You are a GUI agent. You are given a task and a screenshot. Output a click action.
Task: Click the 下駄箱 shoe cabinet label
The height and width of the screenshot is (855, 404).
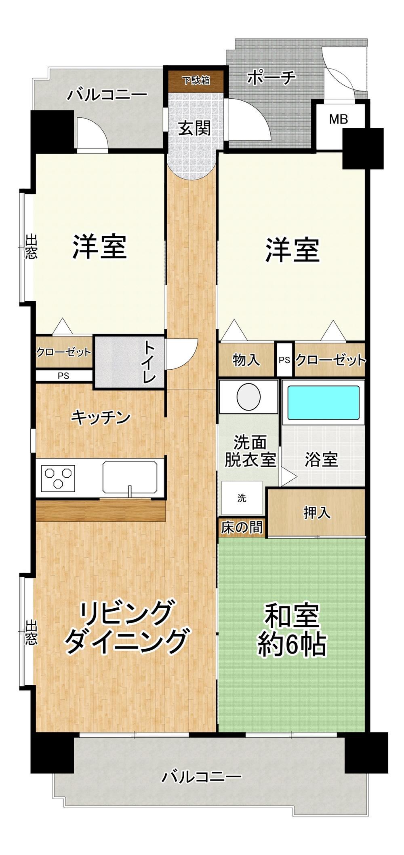tap(196, 80)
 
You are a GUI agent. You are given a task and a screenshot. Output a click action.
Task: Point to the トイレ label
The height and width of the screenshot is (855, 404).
tap(149, 362)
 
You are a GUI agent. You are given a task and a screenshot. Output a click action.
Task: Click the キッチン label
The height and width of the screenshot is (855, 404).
tap(101, 417)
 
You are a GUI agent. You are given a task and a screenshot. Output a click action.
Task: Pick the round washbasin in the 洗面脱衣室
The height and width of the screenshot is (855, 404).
tap(248, 397)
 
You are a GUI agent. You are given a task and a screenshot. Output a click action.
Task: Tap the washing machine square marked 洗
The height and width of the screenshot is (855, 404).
tap(242, 498)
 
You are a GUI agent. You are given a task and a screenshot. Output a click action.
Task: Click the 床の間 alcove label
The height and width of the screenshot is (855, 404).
tap(242, 527)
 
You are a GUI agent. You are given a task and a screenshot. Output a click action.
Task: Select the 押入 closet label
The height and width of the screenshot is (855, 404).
tap(317, 513)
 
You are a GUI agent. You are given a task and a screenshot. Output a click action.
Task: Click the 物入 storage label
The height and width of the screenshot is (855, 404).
tap(246, 360)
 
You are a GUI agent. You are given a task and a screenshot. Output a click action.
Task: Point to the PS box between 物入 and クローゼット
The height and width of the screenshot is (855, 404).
tap(284, 360)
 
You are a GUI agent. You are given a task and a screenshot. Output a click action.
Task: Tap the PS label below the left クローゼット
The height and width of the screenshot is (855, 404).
tap(63, 376)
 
